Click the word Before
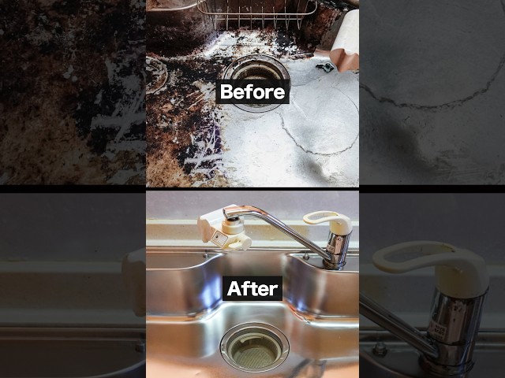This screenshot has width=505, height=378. click(x=252, y=92)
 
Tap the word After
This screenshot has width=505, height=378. click(x=252, y=289)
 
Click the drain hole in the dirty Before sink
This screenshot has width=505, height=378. click(x=256, y=83)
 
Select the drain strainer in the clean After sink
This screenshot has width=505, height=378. click(x=254, y=346)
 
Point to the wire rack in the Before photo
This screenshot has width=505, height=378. click(x=256, y=13)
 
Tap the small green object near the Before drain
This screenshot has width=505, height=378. click(x=325, y=67)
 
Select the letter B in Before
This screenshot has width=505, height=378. click(x=226, y=92)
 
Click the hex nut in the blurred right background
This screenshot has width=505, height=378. click(x=380, y=348)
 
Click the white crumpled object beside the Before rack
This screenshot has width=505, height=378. click(x=345, y=40)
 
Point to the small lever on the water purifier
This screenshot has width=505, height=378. click(x=238, y=245)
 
